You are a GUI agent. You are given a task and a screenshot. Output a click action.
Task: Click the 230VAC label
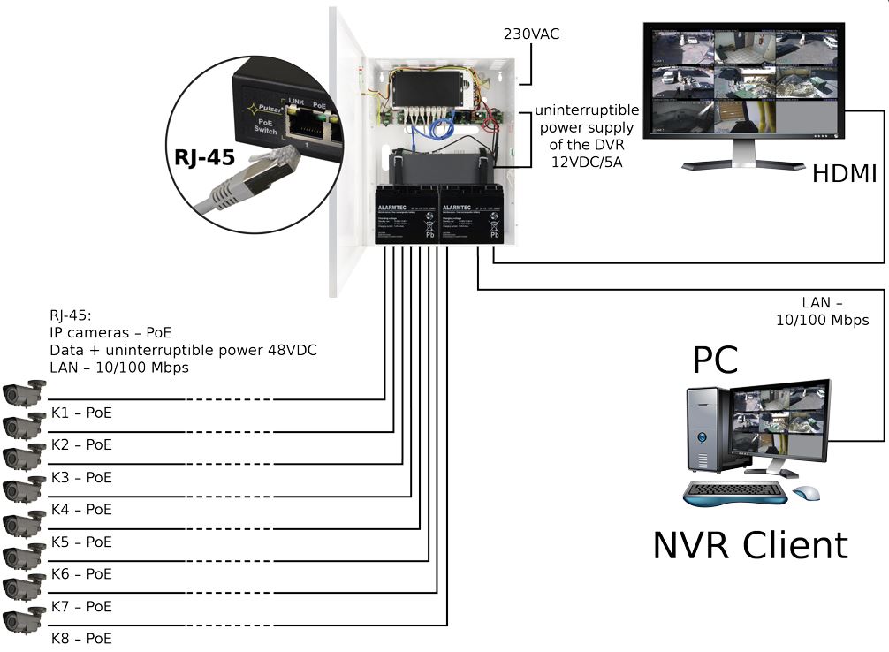(x=531, y=34)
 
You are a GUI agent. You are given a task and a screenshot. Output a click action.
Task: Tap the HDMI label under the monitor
(x=844, y=173)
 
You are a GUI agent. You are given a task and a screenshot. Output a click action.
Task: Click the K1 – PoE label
(x=81, y=413)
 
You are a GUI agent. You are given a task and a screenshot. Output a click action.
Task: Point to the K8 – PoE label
(x=81, y=639)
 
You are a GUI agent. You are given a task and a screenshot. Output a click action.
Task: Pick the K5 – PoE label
(x=81, y=542)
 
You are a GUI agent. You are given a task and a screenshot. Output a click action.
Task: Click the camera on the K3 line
(x=23, y=458)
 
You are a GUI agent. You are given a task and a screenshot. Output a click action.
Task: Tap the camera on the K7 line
(x=23, y=588)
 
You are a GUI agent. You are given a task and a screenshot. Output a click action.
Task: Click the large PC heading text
(x=716, y=360)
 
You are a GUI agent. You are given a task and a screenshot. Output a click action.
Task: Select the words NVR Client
(x=749, y=544)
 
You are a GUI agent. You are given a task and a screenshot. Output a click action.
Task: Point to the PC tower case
(x=708, y=428)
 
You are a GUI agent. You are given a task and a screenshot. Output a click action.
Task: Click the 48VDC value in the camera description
(x=287, y=350)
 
